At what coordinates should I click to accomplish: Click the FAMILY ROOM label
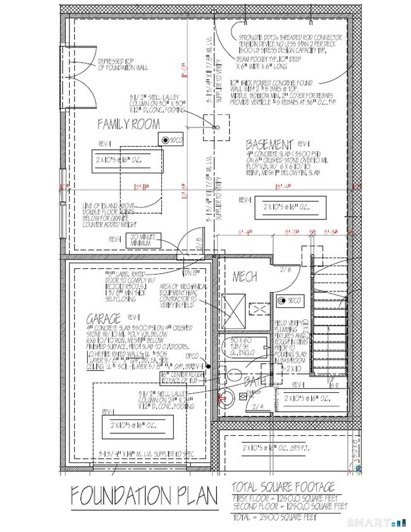tap(129, 125)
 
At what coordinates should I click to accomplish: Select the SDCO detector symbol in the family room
tap(166, 141)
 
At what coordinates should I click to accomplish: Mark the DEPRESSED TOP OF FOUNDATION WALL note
tap(120, 64)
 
